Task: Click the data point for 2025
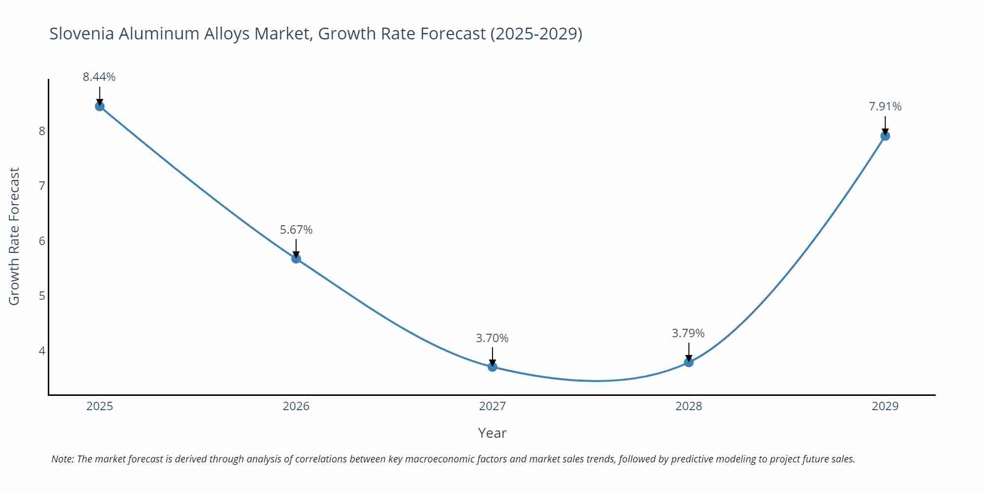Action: [x=99, y=106]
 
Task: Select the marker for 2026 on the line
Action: [x=296, y=258]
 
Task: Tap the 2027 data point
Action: [x=492, y=366]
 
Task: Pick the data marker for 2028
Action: [x=689, y=362]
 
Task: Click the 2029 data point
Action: [x=885, y=136]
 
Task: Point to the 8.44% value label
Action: [x=99, y=77]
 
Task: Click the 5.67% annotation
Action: [x=296, y=230]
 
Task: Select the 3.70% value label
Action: [x=492, y=338]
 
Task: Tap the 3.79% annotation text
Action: [x=688, y=333]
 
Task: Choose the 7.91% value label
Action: [x=885, y=106]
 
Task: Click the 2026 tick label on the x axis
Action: [x=296, y=406]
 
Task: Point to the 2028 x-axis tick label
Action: [x=689, y=406]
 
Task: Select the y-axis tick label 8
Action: [x=42, y=131]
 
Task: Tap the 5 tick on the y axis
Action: [x=42, y=296]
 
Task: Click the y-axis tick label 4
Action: [x=42, y=351]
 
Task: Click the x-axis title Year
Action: [x=492, y=433]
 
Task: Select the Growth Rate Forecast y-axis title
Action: [x=14, y=236]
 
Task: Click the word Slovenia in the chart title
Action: [x=82, y=34]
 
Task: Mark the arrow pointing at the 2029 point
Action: [x=885, y=125]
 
